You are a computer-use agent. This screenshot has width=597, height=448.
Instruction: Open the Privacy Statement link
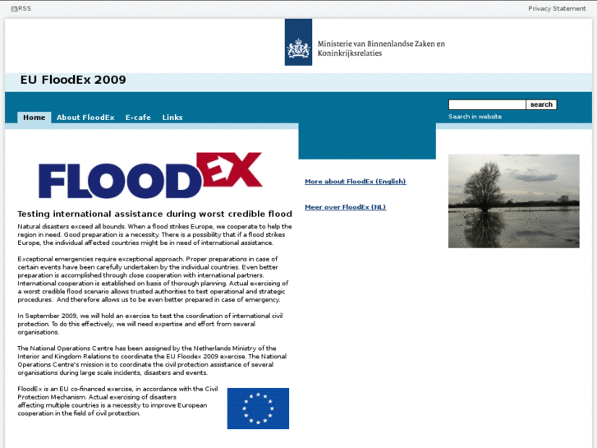557,8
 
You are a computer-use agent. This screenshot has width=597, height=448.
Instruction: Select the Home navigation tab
34,118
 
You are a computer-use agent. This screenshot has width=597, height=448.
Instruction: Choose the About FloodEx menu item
85,118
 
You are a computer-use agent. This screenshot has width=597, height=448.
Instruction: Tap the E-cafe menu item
138,118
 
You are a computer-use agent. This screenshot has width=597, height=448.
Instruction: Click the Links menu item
172,118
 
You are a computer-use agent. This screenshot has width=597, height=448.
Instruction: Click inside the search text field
486,104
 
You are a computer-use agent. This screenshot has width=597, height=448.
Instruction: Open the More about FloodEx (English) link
355,182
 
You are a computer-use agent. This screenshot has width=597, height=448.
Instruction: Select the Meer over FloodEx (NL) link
345,207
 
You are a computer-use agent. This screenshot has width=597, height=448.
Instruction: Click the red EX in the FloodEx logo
232,170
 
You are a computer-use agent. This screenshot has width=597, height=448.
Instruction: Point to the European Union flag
258,409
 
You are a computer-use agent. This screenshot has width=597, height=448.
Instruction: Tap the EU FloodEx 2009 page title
73,81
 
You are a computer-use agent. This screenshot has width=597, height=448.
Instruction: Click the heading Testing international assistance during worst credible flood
154,214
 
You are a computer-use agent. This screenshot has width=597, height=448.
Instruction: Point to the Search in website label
475,117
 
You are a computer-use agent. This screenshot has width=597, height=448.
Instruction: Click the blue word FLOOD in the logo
119,181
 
